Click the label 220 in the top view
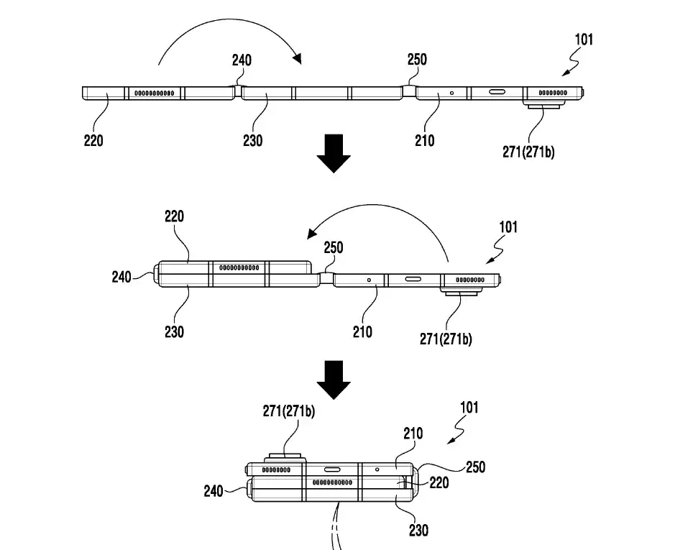pos(93,141)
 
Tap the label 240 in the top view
pos(242,60)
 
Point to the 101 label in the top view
pos(583,39)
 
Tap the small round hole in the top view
pos(451,93)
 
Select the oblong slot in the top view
pos(497,93)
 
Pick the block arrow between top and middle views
pos(334,152)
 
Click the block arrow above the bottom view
pos(334,379)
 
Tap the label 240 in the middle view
pos(122,275)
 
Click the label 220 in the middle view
pos(175,216)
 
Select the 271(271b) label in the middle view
pos(446,339)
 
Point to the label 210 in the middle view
pos(363,331)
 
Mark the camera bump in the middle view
pos(461,293)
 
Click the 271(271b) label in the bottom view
pos(288,411)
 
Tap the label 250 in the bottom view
pos(475,467)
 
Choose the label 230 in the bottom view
pos(418,531)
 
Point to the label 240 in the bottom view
pos(214,492)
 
